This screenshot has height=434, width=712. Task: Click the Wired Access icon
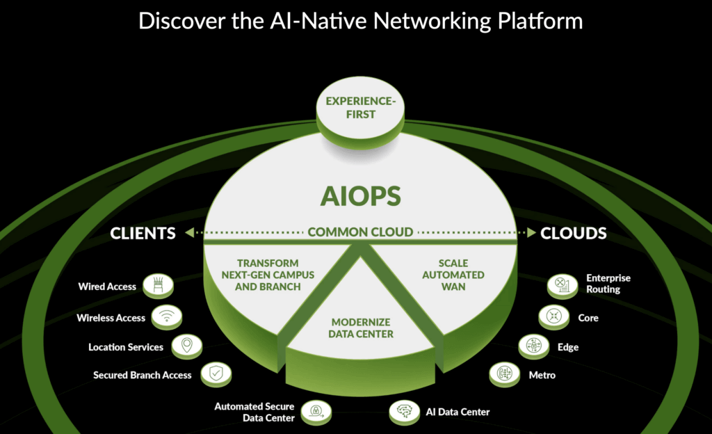(159, 286)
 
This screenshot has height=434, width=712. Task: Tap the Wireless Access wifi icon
(167, 317)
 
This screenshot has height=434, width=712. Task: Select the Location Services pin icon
(186, 346)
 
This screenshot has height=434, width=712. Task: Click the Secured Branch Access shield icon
(215, 375)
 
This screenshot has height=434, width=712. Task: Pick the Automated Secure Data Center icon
(315, 411)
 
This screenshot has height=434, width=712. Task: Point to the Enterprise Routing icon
(562, 284)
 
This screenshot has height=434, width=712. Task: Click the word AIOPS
(360, 196)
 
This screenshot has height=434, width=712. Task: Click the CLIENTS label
(143, 234)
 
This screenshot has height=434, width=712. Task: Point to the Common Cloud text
(361, 232)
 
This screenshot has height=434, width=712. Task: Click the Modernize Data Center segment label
(362, 328)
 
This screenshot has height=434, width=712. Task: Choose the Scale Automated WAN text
(453, 275)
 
